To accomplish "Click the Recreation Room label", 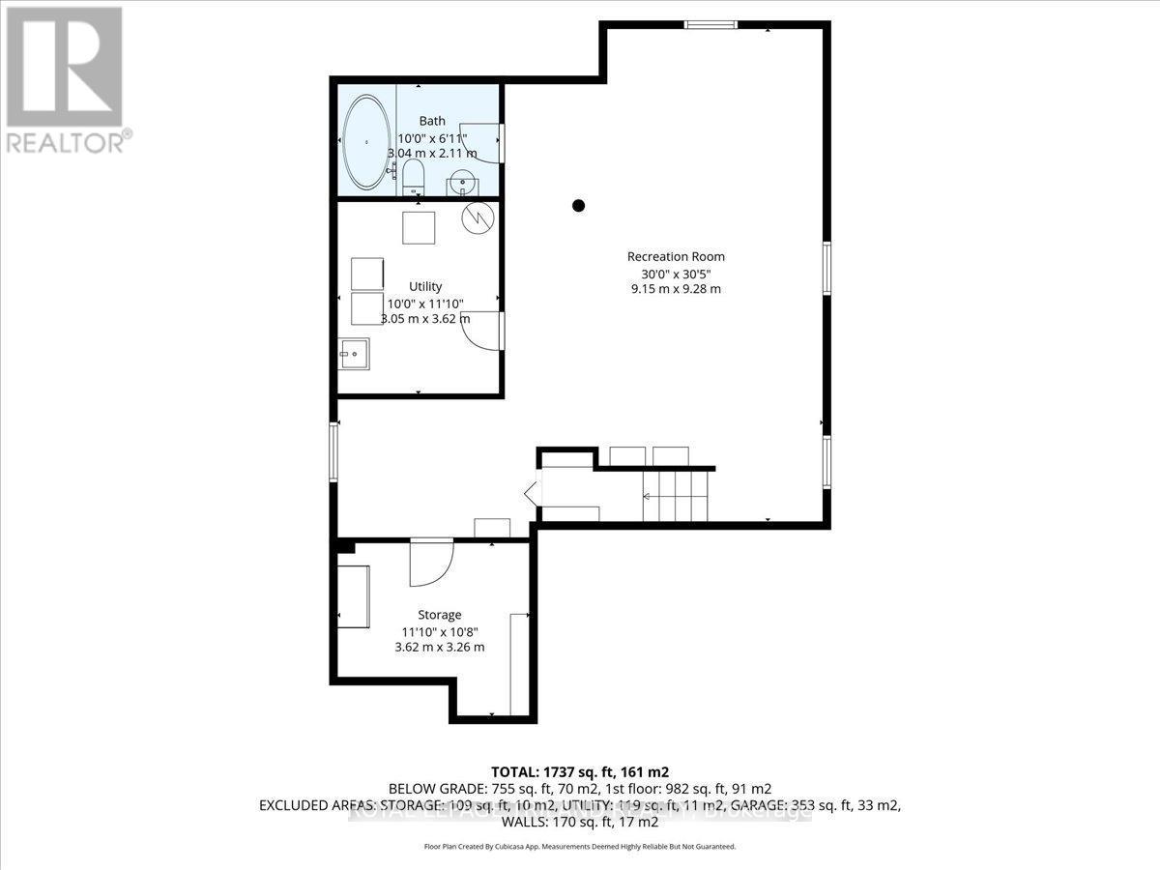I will click(676, 256).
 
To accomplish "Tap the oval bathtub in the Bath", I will click(367, 141).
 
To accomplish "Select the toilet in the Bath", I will click(414, 176).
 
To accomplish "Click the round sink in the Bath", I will click(463, 182).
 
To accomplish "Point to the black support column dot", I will click(578, 205).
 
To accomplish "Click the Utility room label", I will click(425, 286).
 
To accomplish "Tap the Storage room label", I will click(439, 615).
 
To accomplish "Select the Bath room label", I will click(432, 121).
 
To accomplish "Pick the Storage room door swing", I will click(430, 563).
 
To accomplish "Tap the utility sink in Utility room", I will click(355, 354).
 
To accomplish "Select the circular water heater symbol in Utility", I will click(477, 217).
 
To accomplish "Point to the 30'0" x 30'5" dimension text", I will click(676, 273).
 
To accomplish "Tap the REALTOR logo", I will click(65, 78).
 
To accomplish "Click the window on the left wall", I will click(333, 451).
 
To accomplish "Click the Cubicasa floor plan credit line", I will click(580, 846).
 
